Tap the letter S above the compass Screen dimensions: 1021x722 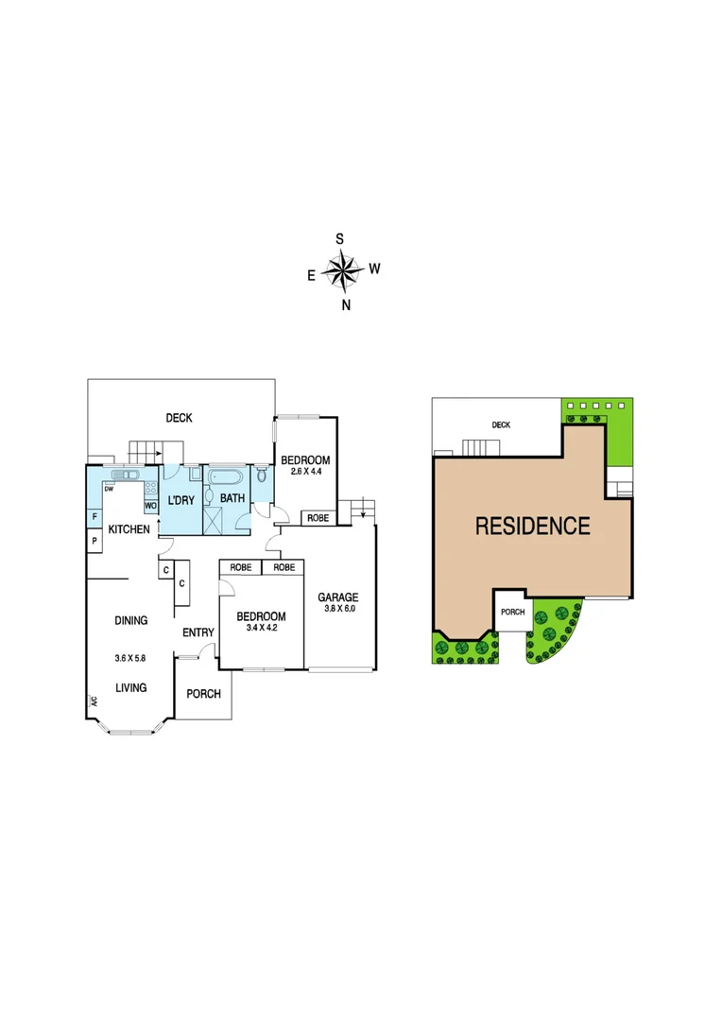340,239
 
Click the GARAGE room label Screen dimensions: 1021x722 337,597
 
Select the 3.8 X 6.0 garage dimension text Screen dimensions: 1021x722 337,611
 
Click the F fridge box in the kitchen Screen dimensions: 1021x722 95,517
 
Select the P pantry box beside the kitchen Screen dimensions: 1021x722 95,540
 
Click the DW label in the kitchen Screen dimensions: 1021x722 110,489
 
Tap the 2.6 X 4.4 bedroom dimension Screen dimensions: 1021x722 305,471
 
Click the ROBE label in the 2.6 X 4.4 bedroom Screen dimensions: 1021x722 318,518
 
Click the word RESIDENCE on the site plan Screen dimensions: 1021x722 532,526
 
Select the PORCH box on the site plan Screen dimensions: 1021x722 512,612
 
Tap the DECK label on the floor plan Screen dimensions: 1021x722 179,417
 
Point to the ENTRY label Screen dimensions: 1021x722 198,632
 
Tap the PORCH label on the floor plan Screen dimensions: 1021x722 203,694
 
